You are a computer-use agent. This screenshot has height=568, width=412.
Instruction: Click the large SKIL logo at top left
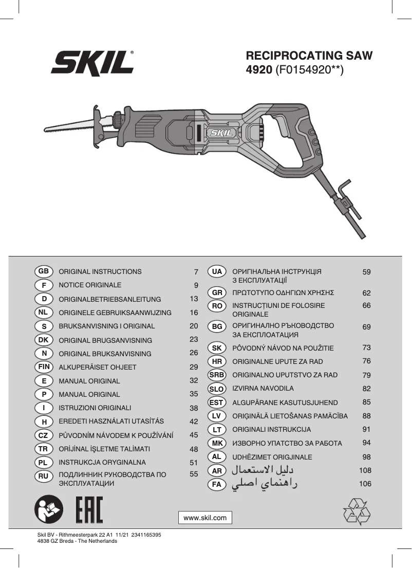coord(92,63)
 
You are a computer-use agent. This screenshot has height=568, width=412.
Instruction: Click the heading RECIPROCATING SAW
coord(309,56)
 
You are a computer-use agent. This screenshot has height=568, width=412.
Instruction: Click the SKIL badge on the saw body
coord(221,133)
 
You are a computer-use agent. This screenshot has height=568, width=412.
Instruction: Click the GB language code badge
coord(43,271)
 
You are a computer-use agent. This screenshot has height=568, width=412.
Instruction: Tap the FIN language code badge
coord(43,367)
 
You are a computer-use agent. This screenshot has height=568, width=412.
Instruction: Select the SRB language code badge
coord(217,375)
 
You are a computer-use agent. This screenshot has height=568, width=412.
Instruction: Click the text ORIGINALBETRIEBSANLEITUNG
coord(109,299)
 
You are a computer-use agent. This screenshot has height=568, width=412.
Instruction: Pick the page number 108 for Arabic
coord(365,470)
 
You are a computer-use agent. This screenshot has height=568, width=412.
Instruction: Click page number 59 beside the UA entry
coord(366,272)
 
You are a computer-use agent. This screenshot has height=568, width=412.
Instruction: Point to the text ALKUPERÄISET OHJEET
coord(98,368)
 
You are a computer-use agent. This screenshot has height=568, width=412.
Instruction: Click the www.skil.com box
coord(205,518)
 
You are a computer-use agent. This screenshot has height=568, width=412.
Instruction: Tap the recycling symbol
coord(356,511)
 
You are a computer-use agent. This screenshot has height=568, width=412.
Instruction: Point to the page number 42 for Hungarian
coord(194,422)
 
